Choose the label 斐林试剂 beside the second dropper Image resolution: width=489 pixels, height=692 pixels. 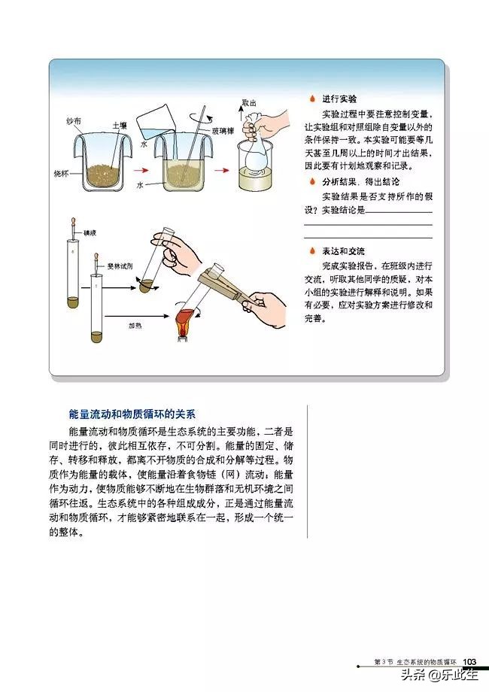pyautogui.click(x=119, y=266)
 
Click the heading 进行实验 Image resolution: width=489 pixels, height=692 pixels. pyautogui.click(x=339, y=99)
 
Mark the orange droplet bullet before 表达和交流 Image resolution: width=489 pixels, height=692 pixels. pyautogui.click(x=311, y=251)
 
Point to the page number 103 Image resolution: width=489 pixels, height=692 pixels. pyautogui.click(x=470, y=661)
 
